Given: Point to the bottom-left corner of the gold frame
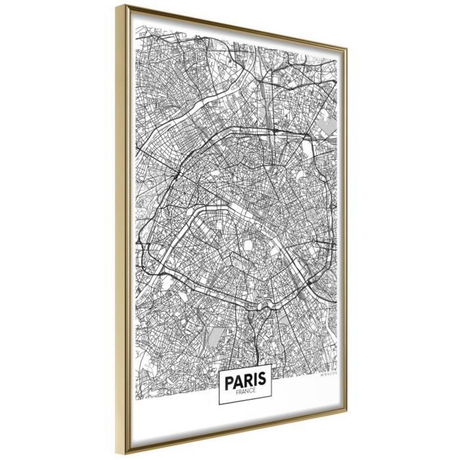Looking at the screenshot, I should [115, 453].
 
